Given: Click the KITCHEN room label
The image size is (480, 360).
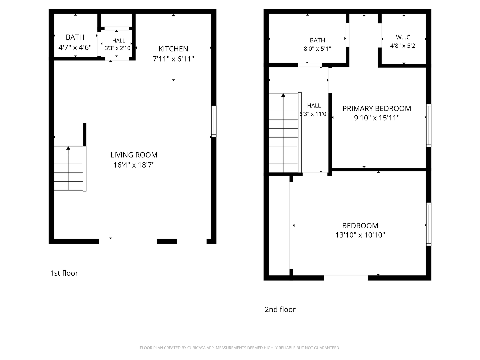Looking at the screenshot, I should click(173, 49).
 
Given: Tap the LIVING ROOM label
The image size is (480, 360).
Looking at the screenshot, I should click(134, 155).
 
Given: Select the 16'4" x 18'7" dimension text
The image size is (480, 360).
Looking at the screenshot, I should click(134, 165).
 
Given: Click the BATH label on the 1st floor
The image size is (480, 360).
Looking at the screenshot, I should click(75, 37).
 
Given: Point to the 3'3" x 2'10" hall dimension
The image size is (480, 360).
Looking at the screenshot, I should click(118, 48).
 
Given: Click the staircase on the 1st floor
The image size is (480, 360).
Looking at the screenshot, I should click(69, 168).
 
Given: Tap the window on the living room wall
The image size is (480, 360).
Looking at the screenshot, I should click(214, 121).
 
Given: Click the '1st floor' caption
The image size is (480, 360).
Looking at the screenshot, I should click(64, 273).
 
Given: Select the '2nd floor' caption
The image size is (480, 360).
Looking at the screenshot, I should click(280, 310).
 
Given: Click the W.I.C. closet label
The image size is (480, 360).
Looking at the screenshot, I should click(404, 37).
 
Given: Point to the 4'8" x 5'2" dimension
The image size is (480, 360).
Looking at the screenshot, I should click(404, 46).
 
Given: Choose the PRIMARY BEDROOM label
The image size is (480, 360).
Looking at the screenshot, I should click(377, 109).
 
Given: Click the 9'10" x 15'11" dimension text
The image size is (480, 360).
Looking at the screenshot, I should click(377, 118).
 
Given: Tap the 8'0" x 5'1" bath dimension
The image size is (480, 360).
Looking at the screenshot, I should click(317, 49).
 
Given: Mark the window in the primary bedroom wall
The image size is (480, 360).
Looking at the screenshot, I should click(429, 125).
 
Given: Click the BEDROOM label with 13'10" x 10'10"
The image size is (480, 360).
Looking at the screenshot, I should click(360, 226).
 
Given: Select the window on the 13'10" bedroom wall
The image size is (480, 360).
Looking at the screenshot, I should click(429, 224).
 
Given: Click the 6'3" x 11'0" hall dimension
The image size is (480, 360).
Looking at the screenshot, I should click(314, 114).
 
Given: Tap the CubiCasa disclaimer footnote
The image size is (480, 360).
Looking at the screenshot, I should click(240, 348).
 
